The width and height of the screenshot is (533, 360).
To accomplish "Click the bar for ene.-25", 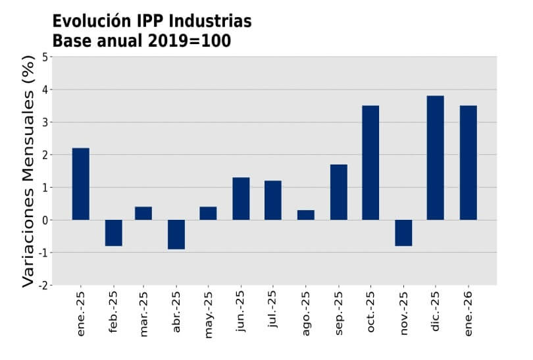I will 80,184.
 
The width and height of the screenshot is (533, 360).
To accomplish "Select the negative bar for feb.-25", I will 113,233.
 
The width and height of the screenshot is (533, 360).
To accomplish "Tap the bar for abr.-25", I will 176,234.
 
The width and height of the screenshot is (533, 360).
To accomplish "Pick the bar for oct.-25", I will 370,163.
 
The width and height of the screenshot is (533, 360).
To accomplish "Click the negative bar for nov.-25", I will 403,233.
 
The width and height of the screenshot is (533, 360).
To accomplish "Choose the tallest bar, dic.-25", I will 435,158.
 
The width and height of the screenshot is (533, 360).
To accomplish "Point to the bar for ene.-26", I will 468,163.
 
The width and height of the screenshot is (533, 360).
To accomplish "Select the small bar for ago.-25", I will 306,215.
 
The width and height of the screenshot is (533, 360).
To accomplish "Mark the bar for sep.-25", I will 338,192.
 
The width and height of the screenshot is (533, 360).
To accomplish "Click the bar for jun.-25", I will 241,199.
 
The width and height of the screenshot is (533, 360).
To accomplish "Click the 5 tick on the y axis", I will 45,57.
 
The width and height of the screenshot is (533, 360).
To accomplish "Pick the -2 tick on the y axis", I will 43,285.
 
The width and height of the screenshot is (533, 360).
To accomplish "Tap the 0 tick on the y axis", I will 45,220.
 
